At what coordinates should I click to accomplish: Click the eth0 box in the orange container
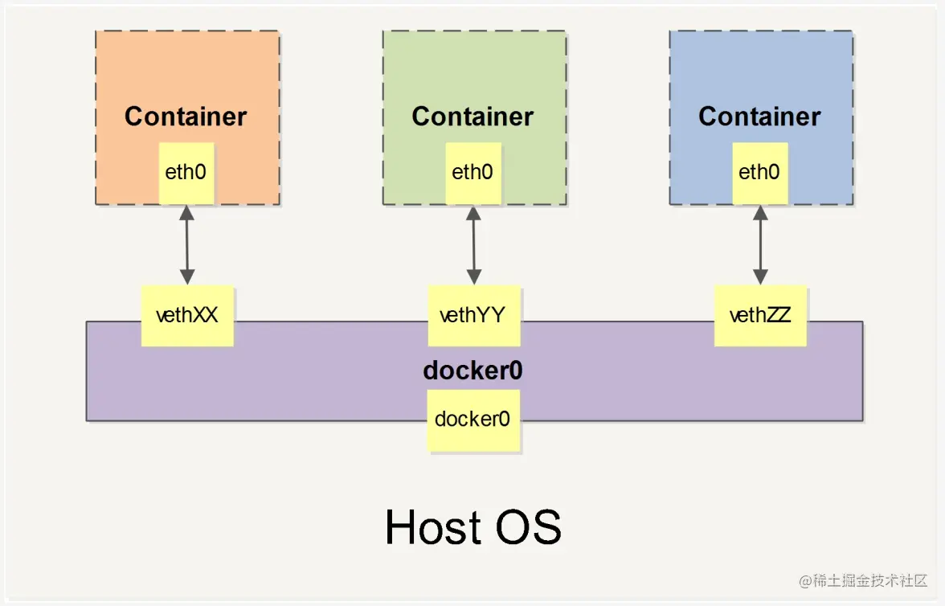186,173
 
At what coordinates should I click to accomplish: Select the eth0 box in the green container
473,173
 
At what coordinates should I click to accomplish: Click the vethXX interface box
187,315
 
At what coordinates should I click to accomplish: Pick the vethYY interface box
473,315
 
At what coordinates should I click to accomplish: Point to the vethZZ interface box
760,315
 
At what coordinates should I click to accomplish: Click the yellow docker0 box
473,420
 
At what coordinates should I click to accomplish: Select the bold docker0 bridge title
473,371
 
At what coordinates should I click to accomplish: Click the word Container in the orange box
186,117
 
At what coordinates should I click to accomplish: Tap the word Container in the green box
472,117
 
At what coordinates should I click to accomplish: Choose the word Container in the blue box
759,117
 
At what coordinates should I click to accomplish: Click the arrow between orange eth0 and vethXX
186,244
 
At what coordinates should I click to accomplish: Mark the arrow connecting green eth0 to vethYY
473,244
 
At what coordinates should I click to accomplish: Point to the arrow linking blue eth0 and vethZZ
760,244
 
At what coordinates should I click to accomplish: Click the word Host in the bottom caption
431,527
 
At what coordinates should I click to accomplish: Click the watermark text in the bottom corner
863,580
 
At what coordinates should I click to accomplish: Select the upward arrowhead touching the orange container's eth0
186,212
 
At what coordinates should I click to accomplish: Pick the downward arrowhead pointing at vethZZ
760,277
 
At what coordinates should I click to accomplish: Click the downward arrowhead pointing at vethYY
473,277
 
